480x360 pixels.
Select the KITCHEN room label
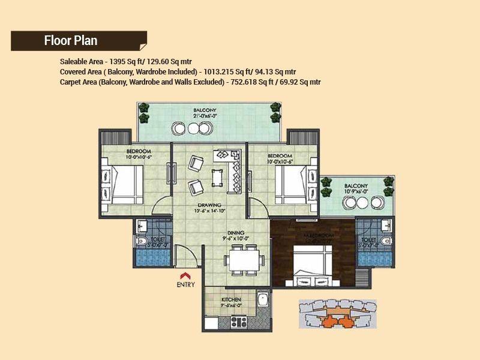click(231, 299)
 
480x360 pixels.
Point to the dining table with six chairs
click(244, 260)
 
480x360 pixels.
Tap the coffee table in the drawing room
click(217, 178)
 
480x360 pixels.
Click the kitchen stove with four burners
click(239, 321)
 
